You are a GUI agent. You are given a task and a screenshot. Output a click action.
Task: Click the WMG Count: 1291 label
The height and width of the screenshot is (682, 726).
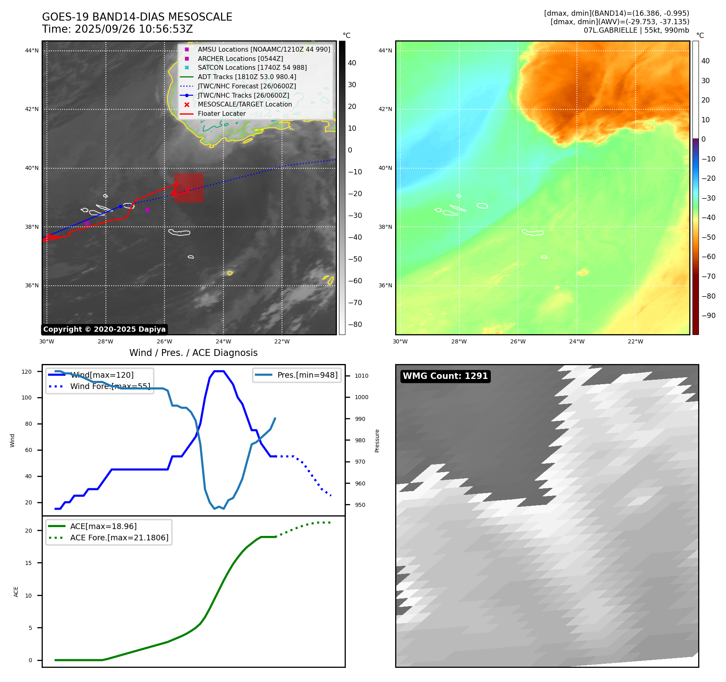coord(445,376)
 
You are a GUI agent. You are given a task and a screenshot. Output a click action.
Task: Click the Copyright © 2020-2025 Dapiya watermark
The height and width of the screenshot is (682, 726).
coord(104,329)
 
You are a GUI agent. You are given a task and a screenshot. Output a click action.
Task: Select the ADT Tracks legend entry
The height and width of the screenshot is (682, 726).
coord(247,77)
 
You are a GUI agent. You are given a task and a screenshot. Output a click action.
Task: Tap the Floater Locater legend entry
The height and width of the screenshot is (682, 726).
coord(221,114)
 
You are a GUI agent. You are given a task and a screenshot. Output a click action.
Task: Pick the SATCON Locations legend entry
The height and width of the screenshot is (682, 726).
coord(252,67)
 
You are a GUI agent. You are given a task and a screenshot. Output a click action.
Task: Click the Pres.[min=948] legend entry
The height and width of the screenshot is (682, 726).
coord(307,375)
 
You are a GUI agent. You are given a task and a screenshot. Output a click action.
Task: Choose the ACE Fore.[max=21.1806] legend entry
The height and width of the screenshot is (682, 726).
coord(119,538)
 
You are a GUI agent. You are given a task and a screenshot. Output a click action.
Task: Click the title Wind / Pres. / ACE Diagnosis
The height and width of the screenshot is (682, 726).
coord(193,353)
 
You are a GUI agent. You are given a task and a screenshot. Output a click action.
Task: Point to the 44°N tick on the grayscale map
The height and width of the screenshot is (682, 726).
coord(32,50)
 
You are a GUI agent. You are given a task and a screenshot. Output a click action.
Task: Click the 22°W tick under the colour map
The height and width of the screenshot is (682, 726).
coord(636,341)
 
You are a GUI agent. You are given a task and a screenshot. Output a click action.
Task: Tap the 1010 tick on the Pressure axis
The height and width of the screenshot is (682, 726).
coord(362,376)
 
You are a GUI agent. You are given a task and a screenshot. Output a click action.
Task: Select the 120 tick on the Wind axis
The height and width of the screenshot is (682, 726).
coord(27,372)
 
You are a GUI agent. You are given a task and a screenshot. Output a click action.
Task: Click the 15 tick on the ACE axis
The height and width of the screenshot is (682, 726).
coord(28,563)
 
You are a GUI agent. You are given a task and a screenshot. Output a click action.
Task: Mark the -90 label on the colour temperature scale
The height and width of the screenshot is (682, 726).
coord(708,316)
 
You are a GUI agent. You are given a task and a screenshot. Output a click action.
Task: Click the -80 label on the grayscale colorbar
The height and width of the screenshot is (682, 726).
coord(355,324)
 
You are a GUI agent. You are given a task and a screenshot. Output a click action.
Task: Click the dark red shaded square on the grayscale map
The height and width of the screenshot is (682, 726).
coord(189,188)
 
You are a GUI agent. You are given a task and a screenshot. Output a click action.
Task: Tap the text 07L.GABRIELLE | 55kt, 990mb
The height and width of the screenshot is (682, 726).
coord(636,30)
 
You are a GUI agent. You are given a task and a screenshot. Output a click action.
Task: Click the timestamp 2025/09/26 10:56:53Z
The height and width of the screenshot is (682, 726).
coord(134,29)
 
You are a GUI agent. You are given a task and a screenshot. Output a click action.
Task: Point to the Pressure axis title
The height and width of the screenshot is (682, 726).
coord(377,441)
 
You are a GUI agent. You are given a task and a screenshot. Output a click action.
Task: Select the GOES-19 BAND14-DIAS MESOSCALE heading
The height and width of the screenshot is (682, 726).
coord(137,17)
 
